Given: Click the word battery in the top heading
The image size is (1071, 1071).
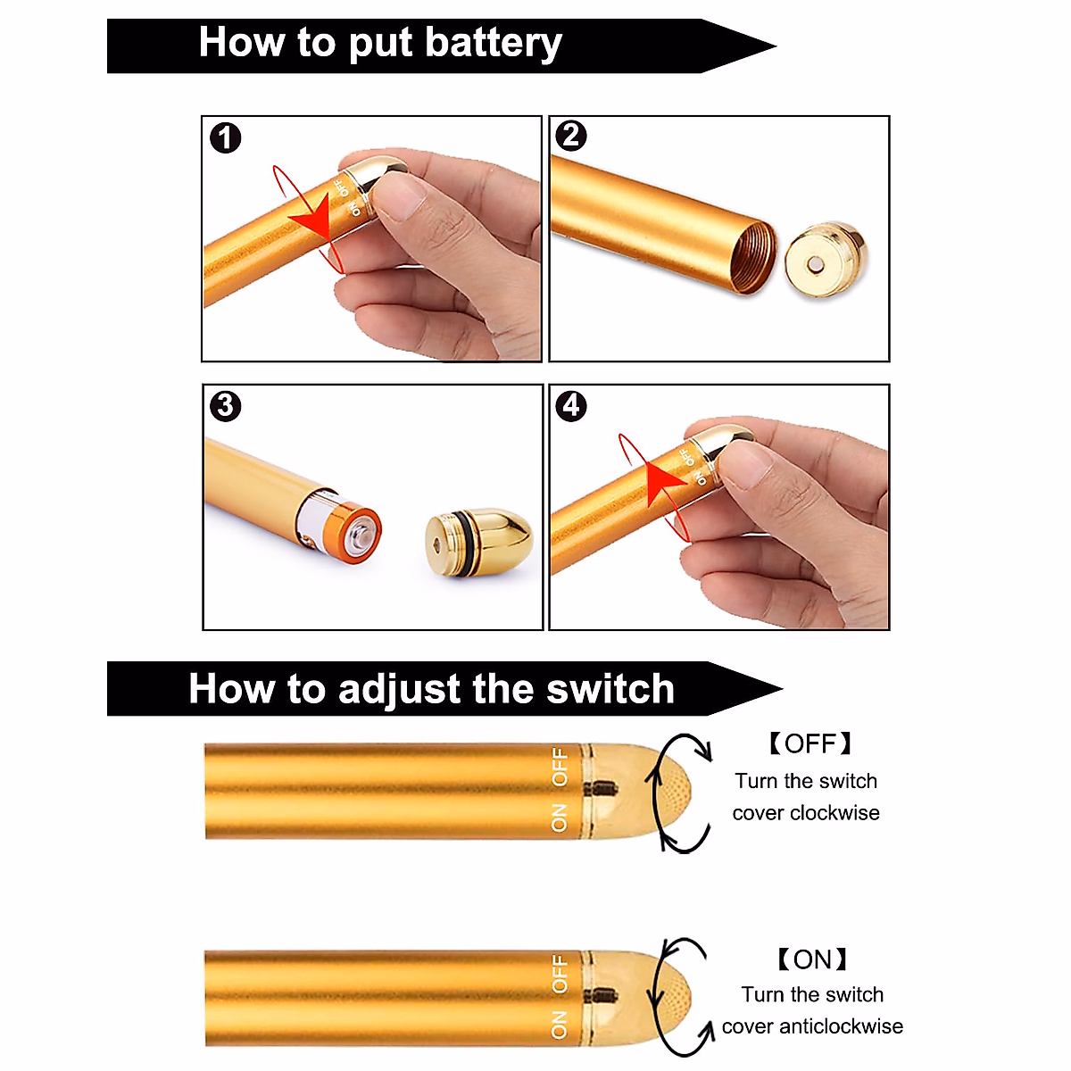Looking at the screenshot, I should point(493,43).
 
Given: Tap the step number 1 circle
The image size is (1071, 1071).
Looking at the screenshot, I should point(226,138).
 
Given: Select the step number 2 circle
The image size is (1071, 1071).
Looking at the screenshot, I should point(571,136).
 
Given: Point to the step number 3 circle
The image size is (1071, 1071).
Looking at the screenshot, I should point(225,406).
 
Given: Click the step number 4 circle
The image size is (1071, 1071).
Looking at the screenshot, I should point(571,406).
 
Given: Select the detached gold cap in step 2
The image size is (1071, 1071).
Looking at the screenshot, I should point(826,260).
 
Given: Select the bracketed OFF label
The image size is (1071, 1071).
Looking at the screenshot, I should point(809,743).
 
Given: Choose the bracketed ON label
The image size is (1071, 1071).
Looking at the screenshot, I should point(811,959).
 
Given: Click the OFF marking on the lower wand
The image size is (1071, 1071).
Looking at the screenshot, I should point(559,973).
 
